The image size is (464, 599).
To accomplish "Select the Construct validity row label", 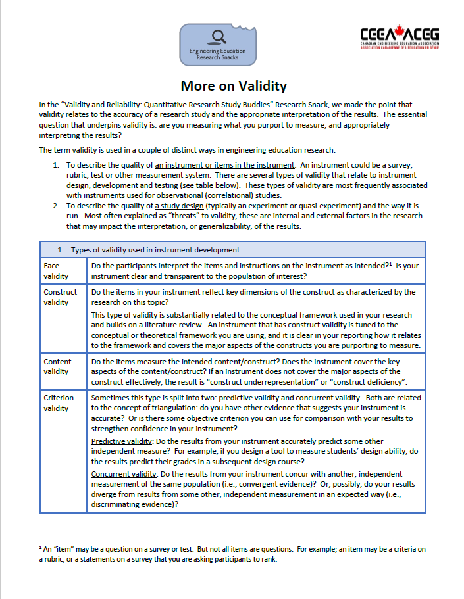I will pos(61,297).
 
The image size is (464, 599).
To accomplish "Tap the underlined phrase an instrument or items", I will pos(224,165).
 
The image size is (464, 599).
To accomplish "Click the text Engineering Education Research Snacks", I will pos(217,54).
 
